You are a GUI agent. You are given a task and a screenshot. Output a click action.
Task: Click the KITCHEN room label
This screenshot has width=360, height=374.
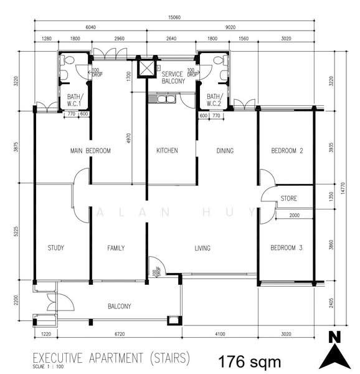pyautogui.click(x=167, y=150)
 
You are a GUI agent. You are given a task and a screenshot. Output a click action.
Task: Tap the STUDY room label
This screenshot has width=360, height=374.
pyautogui.click(x=56, y=248)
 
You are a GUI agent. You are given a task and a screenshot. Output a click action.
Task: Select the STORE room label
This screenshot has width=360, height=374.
pyautogui.click(x=289, y=198)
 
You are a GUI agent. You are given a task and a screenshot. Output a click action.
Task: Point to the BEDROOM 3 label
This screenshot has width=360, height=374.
pyautogui.click(x=287, y=248)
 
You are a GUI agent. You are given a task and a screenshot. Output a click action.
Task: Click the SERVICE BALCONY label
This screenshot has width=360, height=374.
pyautogui.click(x=173, y=78)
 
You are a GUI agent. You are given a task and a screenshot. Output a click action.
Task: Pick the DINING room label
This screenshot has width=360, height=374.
pyautogui.click(x=225, y=151)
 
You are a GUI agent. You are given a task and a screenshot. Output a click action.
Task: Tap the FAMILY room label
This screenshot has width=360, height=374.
pyautogui.click(x=116, y=248)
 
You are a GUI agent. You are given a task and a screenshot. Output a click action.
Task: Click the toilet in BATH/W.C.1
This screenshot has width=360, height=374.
pyautogui.click(x=67, y=60)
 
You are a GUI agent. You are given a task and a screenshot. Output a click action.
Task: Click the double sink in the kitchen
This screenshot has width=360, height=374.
pyautogui.click(x=165, y=99)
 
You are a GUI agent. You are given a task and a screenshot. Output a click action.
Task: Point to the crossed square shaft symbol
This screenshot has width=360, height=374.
pyautogui.click(x=145, y=67)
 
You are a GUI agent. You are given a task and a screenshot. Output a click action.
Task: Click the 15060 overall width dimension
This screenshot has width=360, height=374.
pyautogui.click(x=174, y=17)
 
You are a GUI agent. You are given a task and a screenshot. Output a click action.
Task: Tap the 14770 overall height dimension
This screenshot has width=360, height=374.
pyautogui.click(x=343, y=188)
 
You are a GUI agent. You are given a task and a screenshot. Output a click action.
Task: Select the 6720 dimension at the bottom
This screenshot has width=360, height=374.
pyautogui.click(x=120, y=334)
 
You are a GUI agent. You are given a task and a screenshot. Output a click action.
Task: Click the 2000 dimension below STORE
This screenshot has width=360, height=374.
pyautogui.click(x=295, y=216)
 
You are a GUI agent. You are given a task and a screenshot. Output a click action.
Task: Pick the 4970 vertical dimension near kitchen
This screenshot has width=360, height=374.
pyautogui.click(x=129, y=138)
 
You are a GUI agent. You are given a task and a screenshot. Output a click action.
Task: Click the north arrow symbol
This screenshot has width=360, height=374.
pyautogui.click(x=334, y=350)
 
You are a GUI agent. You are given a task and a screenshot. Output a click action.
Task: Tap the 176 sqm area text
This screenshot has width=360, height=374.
pyautogui.click(x=250, y=362)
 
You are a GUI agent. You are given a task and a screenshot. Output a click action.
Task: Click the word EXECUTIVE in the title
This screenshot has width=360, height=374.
pyautogui.click(x=57, y=358)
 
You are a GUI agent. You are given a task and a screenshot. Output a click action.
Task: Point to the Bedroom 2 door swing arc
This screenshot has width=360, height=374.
pyautogui.click(x=268, y=176)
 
